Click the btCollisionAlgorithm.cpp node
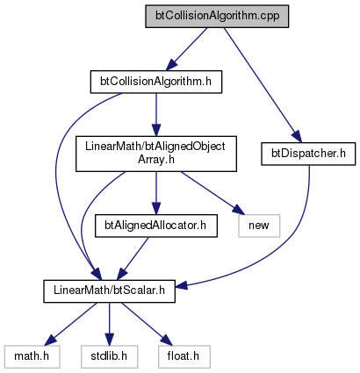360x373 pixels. [217, 16]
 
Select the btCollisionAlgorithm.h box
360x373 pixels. [156, 82]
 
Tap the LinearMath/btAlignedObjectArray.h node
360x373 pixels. [156, 154]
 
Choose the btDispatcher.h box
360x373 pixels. [308, 154]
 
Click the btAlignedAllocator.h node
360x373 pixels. [156, 226]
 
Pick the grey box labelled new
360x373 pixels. [259, 226]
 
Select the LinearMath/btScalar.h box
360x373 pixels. [110, 291]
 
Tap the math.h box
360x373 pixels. [32, 356]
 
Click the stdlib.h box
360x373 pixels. [110, 356]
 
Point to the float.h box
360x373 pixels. [184, 356]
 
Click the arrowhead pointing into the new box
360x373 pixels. [238, 210]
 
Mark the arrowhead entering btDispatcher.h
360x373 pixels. [296, 137]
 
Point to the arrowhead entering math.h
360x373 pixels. [50, 341]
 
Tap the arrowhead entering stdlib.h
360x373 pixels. [110, 340]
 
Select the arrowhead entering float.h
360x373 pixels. [167, 341]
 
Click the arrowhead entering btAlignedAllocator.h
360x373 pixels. [156, 209]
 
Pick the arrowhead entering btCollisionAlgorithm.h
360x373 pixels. [171, 65]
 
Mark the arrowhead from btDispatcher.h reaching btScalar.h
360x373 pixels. [182, 284]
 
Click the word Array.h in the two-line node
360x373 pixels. [156, 160]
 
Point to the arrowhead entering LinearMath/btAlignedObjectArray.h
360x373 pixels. [156, 131]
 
